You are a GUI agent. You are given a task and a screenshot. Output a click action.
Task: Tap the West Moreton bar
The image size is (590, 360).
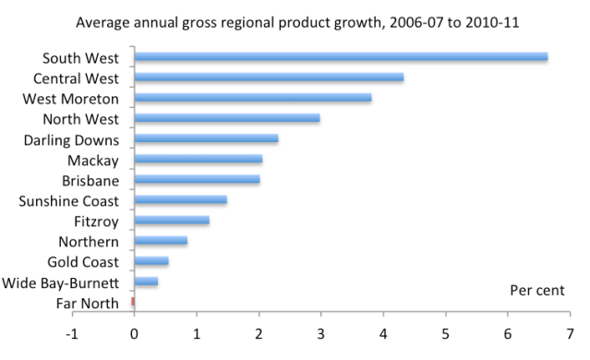[253, 98]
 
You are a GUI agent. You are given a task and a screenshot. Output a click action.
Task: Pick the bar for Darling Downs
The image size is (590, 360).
[207, 138]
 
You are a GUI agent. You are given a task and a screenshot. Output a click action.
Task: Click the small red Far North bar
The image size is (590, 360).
[133, 302]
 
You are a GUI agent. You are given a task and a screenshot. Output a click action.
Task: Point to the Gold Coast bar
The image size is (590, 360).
[151, 261]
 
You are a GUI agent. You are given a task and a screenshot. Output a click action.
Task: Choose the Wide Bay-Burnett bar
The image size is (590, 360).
[147, 282]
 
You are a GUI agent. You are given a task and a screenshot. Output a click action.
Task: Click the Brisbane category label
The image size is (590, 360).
[90, 180]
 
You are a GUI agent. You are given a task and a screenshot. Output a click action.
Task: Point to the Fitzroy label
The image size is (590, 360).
[97, 222]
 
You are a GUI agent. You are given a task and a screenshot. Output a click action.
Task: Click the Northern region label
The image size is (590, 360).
[90, 241]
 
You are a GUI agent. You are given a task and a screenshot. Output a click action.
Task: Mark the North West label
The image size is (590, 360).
[83, 119]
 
